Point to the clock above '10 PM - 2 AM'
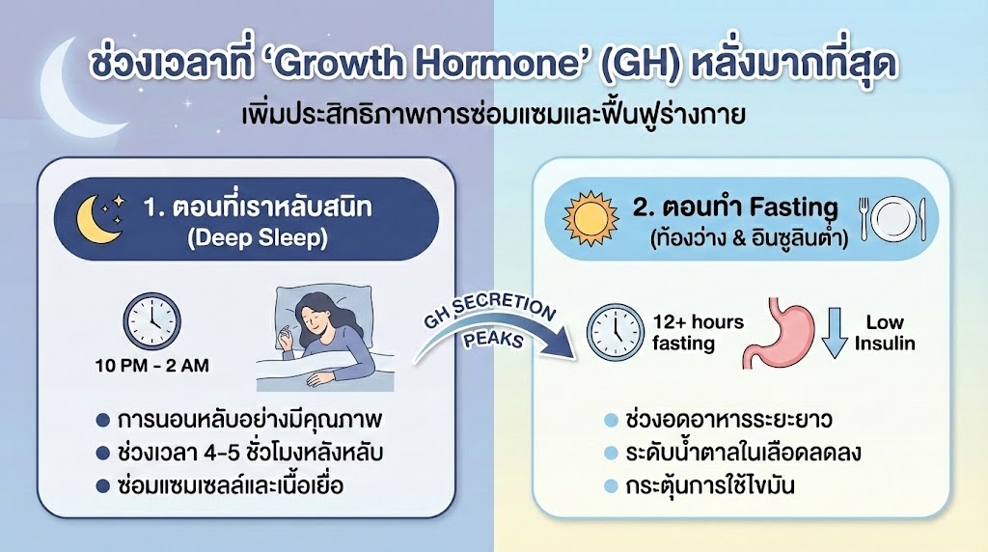151,321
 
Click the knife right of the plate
923,220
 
